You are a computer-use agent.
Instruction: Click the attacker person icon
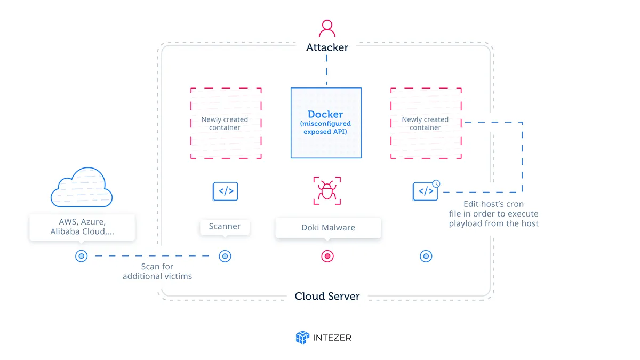[x=327, y=28]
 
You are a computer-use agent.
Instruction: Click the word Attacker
[x=327, y=47]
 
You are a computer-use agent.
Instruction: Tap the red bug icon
[x=327, y=190]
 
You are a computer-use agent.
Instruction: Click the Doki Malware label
[x=329, y=227]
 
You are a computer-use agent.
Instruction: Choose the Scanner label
[x=225, y=226]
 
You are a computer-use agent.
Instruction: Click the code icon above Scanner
[x=226, y=191]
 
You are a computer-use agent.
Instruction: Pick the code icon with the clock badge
[x=426, y=190]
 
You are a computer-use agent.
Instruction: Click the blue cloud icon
[x=82, y=187]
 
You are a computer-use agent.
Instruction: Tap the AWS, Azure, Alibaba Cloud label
[x=82, y=227]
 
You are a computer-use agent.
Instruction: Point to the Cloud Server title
[x=327, y=297]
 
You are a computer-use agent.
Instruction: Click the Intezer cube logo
[x=302, y=338]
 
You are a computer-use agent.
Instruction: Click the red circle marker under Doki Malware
[x=327, y=257]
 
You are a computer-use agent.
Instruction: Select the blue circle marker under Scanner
[x=225, y=257]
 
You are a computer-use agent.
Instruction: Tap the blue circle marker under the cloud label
[x=82, y=256]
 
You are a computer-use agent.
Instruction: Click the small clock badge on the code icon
[x=436, y=183]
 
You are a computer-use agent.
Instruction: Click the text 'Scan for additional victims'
[x=157, y=271]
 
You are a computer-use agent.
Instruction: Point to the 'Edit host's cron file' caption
[x=493, y=214]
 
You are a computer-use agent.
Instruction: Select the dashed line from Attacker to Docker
[x=326, y=70]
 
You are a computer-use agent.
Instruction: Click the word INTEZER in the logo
[x=332, y=338]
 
